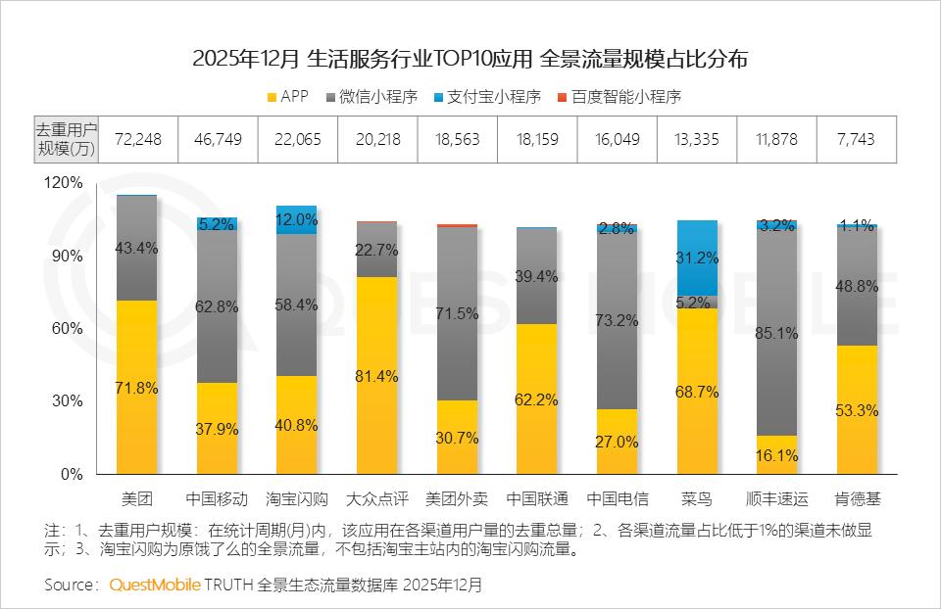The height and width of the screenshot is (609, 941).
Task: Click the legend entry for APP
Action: [287, 97]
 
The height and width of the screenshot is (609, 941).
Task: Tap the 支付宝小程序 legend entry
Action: [487, 97]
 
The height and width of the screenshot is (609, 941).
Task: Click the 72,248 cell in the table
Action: [137, 139]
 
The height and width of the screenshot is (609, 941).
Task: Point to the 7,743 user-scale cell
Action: [858, 139]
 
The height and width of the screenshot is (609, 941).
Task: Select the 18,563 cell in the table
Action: [458, 139]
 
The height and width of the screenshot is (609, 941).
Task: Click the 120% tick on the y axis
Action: [64, 183]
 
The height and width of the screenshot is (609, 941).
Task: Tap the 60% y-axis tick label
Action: [68, 329]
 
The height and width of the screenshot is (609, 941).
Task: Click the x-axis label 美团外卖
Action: [458, 499]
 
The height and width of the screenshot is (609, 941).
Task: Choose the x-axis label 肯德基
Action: [858, 499]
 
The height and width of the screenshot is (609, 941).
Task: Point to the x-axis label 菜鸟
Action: [697, 499]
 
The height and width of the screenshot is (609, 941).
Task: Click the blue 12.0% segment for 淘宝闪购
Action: [297, 219]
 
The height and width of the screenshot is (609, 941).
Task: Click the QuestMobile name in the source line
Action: [155, 585]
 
